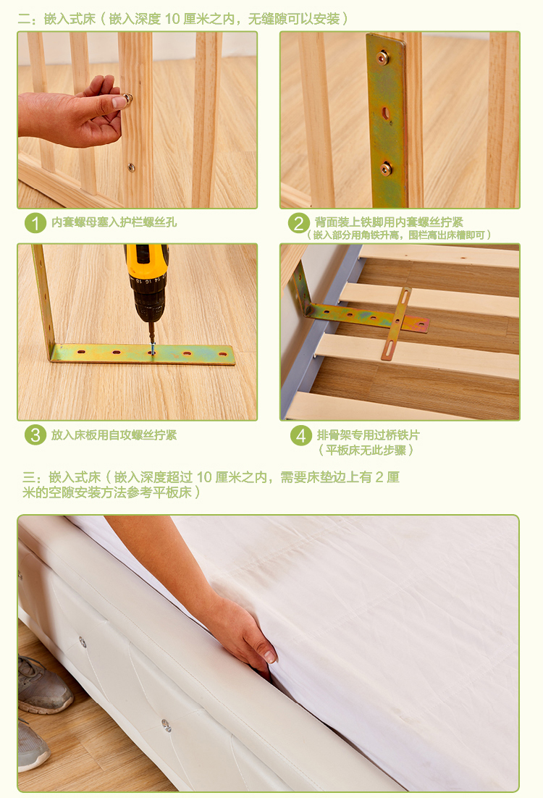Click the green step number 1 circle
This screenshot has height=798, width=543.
[x=35, y=222]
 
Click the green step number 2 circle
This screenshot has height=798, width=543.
[x=299, y=222]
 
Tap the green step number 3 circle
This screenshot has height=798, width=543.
[x=35, y=434]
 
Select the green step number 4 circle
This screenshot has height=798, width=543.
[x=301, y=435]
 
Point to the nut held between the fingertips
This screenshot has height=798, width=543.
[x=127, y=98]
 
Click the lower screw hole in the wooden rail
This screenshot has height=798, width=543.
[x=131, y=167]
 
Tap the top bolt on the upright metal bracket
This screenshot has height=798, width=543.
[x=383, y=58]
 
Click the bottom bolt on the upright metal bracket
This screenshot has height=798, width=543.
[x=387, y=169]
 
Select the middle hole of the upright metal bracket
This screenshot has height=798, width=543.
[x=386, y=114]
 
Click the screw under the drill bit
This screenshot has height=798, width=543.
[x=151, y=350]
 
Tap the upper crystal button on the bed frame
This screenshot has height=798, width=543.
[x=82, y=642]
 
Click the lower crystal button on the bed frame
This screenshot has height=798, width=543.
[x=167, y=725]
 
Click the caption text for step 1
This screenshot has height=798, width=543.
[x=114, y=222]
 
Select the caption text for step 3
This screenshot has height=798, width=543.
[x=114, y=435]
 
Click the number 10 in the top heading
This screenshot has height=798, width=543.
[x=172, y=19]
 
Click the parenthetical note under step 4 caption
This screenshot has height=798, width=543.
[x=366, y=450]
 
